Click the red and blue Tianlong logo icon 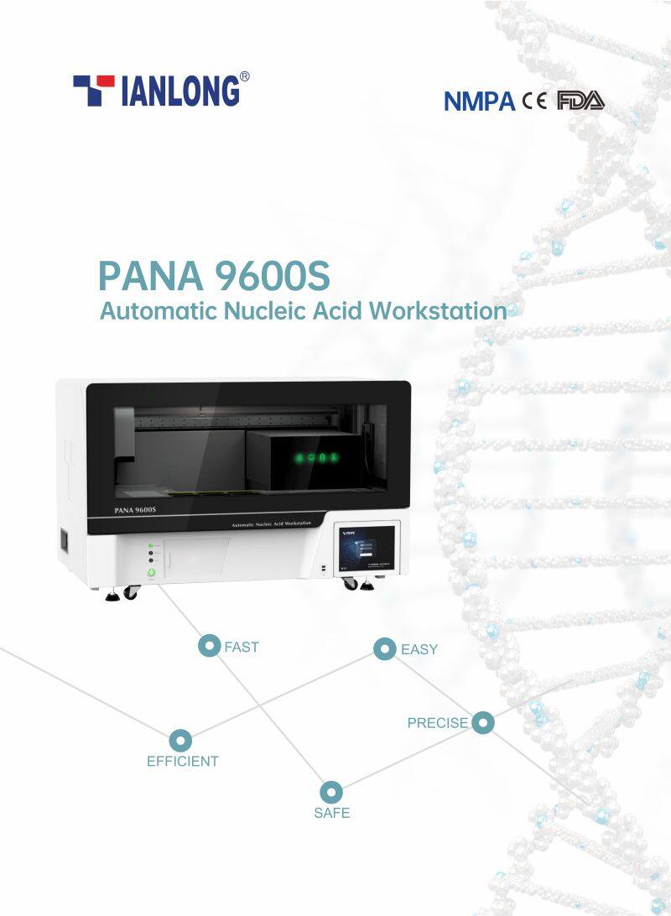pos(93,90)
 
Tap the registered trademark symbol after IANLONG pos(244,76)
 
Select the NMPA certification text pos(479,101)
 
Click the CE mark pos(534,101)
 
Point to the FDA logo pos(580,101)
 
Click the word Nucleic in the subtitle pos(267,310)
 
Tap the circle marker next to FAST pos(208,646)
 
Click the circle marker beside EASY pos(384,648)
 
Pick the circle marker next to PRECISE pos(482,722)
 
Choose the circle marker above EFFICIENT pos(180,741)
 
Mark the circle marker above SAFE pos(331,792)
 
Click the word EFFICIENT pos(183,762)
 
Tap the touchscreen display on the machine pos(367,548)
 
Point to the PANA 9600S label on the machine pos(135,508)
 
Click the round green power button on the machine pos(152,574)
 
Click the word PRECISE pos(437,722)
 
